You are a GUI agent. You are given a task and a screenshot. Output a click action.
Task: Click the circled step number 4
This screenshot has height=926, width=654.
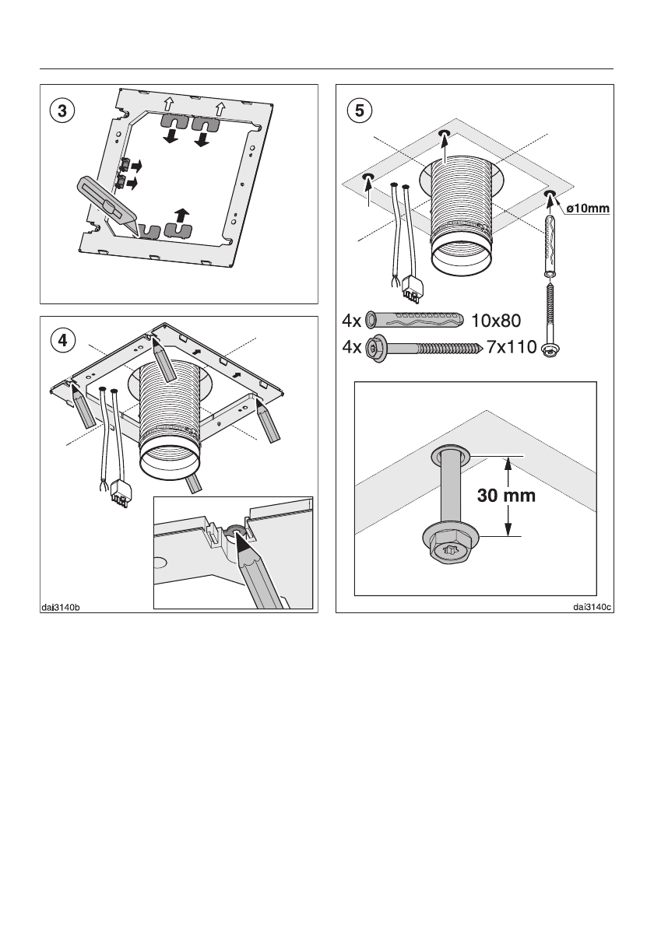[62, 340]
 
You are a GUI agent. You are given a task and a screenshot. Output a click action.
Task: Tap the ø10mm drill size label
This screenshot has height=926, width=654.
[586, 208]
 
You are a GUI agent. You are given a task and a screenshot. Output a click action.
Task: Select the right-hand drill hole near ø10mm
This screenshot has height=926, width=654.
[550, 194]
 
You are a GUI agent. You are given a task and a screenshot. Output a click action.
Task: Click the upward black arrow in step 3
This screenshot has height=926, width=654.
[181, 216]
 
